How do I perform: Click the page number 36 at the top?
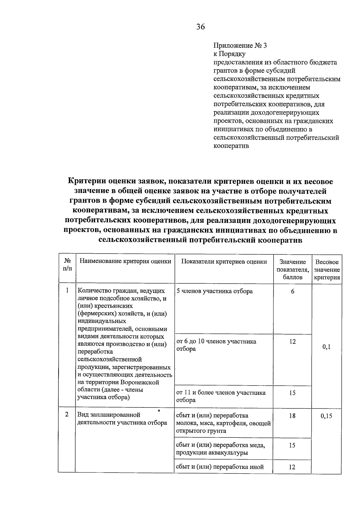tap(200, 27)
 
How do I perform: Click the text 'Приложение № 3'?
tap(240, 46)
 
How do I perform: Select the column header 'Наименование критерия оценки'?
tap(125, 261)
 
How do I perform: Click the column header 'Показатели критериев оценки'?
tap(224, 261)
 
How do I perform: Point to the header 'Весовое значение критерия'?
tap(327, 270)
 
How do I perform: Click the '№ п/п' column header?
tap(67, 265)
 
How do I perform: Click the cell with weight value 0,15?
tap(326, 416)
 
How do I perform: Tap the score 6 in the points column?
tap(292, 291)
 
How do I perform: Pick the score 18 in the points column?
tap(292, 416)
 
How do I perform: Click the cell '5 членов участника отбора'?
tap(214, 291)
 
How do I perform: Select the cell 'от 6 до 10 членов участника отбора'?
tap(216, 345)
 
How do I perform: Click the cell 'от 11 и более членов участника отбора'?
tap(221, 396)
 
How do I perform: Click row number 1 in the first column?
tap(67, 290)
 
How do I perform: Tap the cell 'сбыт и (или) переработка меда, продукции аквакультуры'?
tap(220, 449)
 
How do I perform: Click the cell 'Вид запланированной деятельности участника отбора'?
tap(122, 419)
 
